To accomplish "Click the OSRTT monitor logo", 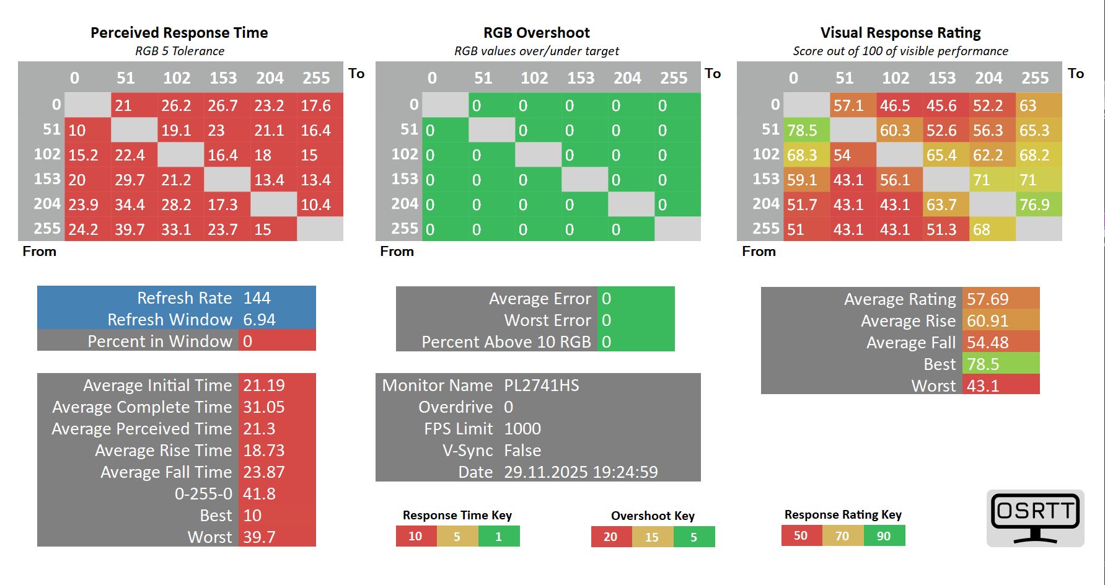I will tap(1035, 517).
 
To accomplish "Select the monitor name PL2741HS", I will tap(541, 385).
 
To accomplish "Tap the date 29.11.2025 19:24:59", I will tap(581, 472).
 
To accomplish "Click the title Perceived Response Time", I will tap(179, 33).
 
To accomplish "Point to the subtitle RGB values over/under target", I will tap(537, 51).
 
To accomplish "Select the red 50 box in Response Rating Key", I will tap(801, 535).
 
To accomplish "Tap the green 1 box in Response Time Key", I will tap(498, 536).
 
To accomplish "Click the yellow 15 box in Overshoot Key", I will tap(652, 537).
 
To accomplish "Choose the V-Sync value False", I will tap(522, 451).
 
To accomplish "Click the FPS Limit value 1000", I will tap(522, 429).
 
